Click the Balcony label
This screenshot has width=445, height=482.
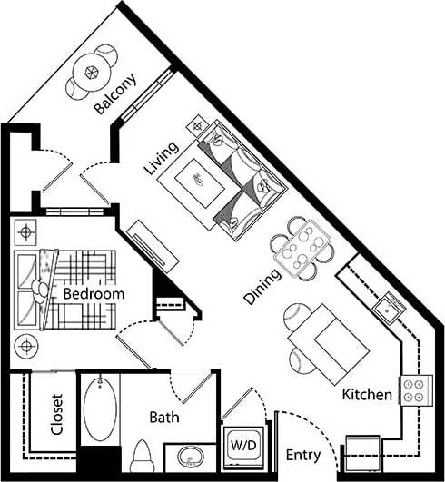click(x=116, y=94)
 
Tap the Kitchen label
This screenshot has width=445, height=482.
click(x=367, y=395)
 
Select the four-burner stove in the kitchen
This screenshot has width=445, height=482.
click(x=415, y=390)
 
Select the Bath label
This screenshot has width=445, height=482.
click(x=164, y=418)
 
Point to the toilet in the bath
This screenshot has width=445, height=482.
click(x=141, y=453)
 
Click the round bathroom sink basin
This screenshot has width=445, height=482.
click(x=192, y=455)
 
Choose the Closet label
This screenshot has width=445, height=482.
click(x=56, y=414)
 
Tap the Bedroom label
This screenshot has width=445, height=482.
click(x=93, y=295)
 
